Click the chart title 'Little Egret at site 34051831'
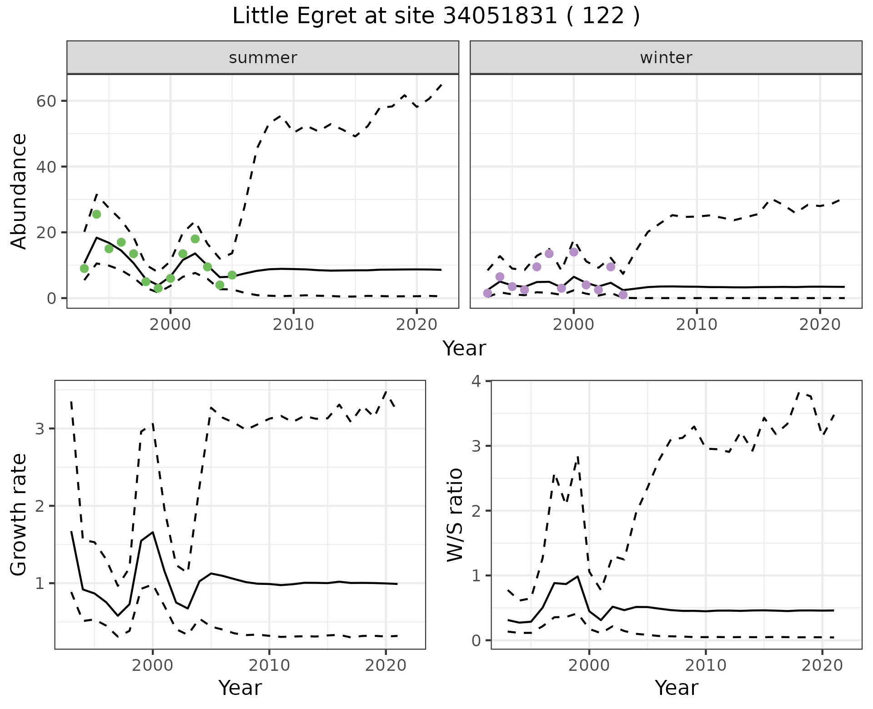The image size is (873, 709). tap(436, 16)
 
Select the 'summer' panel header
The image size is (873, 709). tap(263, 58)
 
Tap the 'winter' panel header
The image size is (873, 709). tap(666, 58)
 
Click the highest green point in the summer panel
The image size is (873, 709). tap(96, 214)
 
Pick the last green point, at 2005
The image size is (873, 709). tap(232, 275)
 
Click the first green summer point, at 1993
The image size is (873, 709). tap(84, 269)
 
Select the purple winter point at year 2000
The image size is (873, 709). tap(574, 252)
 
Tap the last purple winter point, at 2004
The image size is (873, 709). tap(623, 295)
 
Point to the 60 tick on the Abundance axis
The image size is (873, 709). tap(45, 101)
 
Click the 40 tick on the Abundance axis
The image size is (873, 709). tap(45, 167)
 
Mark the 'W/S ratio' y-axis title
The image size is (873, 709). tap(455, 514)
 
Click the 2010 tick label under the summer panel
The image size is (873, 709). tap(293, 325)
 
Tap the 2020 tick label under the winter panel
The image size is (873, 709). tap(820, 325)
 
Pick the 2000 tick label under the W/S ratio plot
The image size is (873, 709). tap(589, 666)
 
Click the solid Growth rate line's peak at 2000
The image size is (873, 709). tap(153, 532)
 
